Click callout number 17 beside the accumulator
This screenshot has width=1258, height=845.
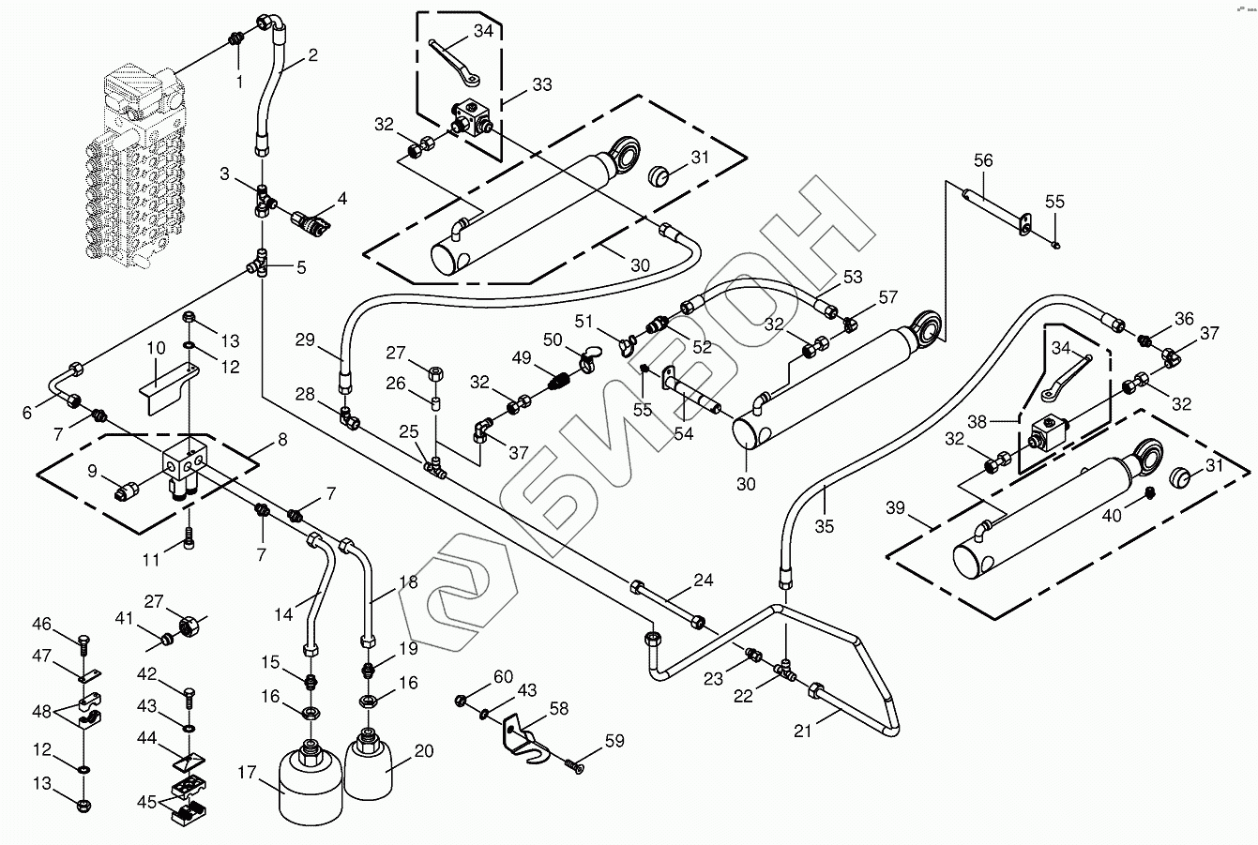pos(247,774)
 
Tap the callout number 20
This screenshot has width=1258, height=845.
pos(424,750)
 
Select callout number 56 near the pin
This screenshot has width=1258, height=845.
pos(983,160)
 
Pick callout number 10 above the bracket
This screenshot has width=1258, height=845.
pos(156,349)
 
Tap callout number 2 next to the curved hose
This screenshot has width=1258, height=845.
pos(312,55)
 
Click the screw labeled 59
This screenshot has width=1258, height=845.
pos(574,767)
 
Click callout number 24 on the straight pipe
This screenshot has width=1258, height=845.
pos(705,581)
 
